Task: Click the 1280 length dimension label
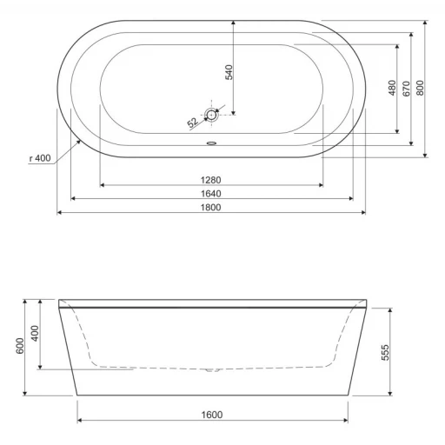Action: click(211, 180)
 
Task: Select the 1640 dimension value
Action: click(211, 194)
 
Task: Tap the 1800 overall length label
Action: click(211, 208)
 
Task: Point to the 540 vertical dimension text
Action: click(229, 72)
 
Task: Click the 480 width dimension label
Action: click(392, 88)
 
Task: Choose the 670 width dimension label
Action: click(407, 89)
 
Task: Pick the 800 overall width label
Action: click(420, 88)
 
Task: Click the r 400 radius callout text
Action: click(40, 158)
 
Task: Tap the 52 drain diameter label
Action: click(193, 123)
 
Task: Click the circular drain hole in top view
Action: click(211, 115)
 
